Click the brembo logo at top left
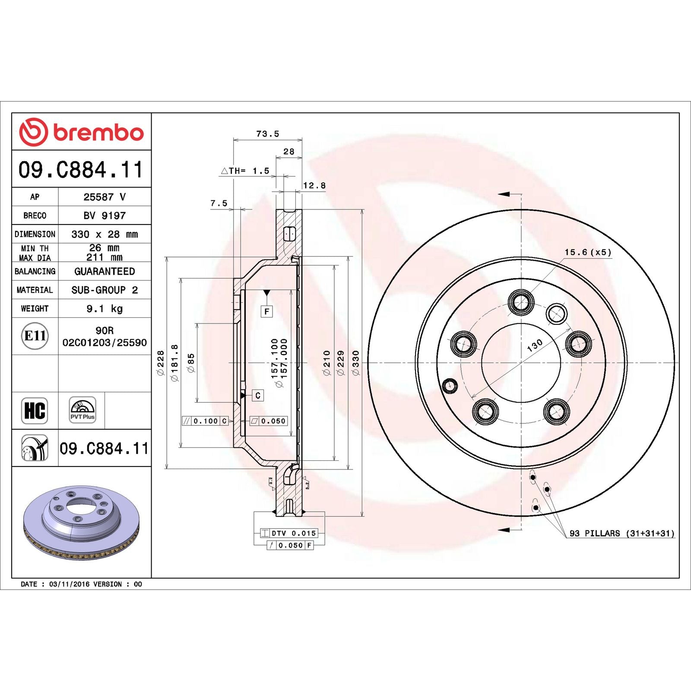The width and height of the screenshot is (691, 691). pyautogui.click(x=81, y=132)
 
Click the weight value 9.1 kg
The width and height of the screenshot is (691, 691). pyautogui.click(x=105, y=308)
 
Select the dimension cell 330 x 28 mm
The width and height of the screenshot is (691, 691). pyautogui.click(x=105, y=234)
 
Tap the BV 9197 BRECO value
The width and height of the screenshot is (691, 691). pyautogui.click(x=105, y=215)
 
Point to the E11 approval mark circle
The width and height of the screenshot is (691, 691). pyautogui.click(x=35, y=336)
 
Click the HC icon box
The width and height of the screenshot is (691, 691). pyautogui.click(x=35, y=410)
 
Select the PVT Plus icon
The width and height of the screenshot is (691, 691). pyautogui.click(x=82, y=410)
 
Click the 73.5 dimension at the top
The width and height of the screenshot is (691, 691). pyautogui.click(x=267, y=134)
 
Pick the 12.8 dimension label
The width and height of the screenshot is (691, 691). pyautogui.click(x=314, y=186)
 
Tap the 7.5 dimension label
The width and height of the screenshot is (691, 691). pyautogui.click(x=219, y=203)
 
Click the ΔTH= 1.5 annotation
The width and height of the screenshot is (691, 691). pyautogui.click(x=245, y=171)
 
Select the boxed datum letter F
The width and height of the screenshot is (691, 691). pyautogui.click(x=266, y=311)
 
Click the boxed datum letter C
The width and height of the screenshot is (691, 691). pyautogui.click(x=258, y=395)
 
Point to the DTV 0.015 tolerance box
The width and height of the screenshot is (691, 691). pyautogui.click(x=289, y=533)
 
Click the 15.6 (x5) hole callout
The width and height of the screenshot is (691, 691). pyautogui.click(x=588, y=252)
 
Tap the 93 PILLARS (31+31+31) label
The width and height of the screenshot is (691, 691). pyautogui.click(x=621, y=533)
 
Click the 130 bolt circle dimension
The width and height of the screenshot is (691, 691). pyautogui.click(x=535, y=345)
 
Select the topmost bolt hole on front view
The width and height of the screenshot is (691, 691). pyautogui.click(x=521, y=301)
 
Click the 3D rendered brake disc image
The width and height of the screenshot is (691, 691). pyautogui.click(x=81, y=523)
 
